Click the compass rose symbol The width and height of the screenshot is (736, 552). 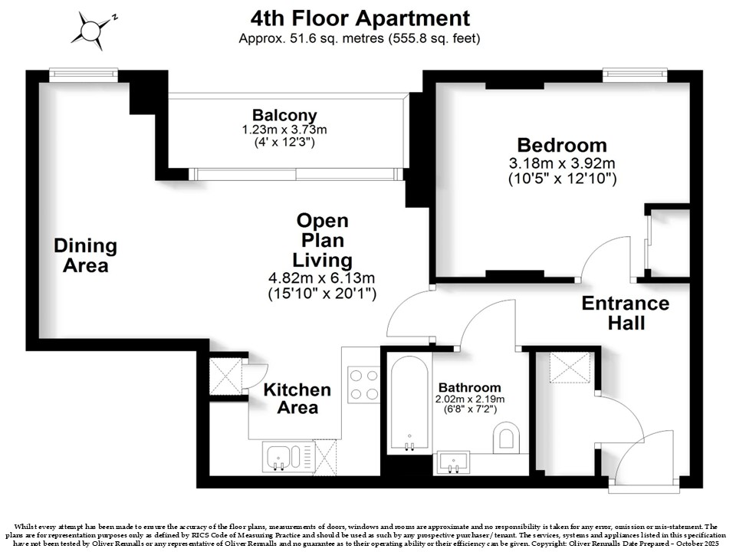click(x=91, y=31)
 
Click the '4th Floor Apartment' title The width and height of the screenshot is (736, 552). click(x=360, y=18)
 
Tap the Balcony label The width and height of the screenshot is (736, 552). click(x=284, y=115)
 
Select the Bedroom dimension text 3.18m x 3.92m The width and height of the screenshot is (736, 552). click(x=562, y=163)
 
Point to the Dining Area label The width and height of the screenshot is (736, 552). click(x=85, y=255)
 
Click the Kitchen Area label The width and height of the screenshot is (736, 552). click(x=297, y=399)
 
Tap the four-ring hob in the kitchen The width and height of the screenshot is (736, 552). click(x=363, y=384)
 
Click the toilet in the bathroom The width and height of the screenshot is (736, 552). click(x=506, y=437)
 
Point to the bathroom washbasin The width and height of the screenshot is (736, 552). click(x=453, y=462)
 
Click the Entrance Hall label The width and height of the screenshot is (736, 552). click(x=626, y=313)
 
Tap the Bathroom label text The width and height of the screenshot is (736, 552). click(x=469, y=388)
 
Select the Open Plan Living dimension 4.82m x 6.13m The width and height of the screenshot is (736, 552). click(x=321, y=278)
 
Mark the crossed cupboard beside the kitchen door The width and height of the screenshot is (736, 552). click(x=224, y=376)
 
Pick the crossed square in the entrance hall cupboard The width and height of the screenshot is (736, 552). click(x=570, y=367)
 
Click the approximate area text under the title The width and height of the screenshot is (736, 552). click(x=360, y=38)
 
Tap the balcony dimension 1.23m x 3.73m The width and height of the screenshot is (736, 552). click(x=284, y=130)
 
